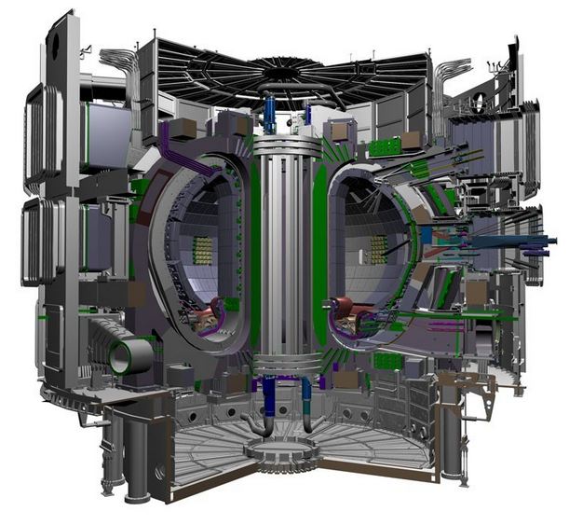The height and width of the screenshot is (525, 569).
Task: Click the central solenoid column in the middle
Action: tap(283, 252)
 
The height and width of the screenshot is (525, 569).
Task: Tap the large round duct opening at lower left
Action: tap(128, 355)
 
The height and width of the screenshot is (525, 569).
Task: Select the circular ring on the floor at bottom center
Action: tap(280, 453)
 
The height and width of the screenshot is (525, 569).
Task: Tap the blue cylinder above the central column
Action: tap(270, 117)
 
